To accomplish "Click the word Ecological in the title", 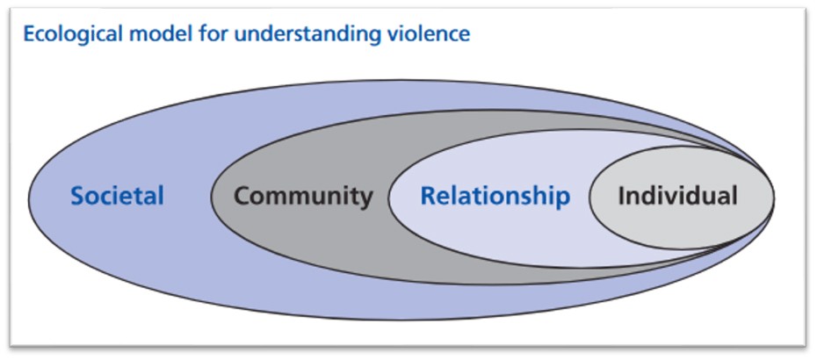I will click(65, 34).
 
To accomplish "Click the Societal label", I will click(117, 195).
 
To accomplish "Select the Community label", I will click(303, 195).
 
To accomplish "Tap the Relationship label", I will click(495, 195).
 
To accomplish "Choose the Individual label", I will click(677, 195).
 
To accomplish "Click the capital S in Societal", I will click(77, 195).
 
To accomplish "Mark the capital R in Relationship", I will click(428, 195).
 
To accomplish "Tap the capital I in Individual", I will click(621, 195).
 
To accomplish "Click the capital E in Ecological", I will click(28, 34).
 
